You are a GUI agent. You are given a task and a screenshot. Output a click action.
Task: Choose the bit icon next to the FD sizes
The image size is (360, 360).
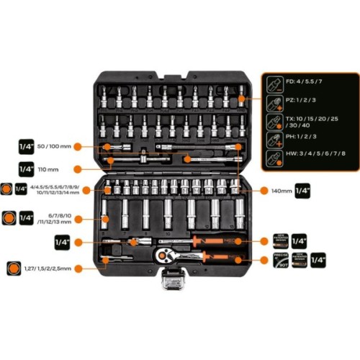coord(274,83)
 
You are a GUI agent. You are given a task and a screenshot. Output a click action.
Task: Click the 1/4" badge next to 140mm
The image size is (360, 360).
coord(302,191)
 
